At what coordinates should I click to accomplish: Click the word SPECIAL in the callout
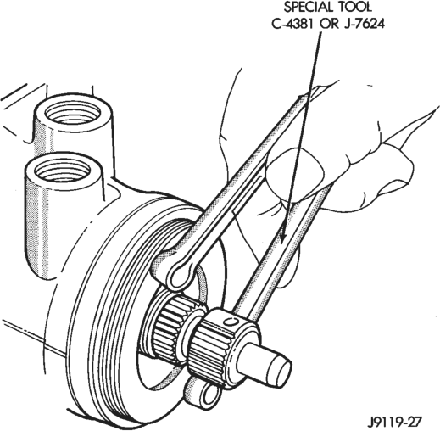click(306, 8)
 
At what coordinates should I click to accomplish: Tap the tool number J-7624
click(365, 24)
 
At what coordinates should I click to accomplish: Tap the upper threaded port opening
click(73, 113)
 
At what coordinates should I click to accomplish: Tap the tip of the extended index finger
click(435, 109)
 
